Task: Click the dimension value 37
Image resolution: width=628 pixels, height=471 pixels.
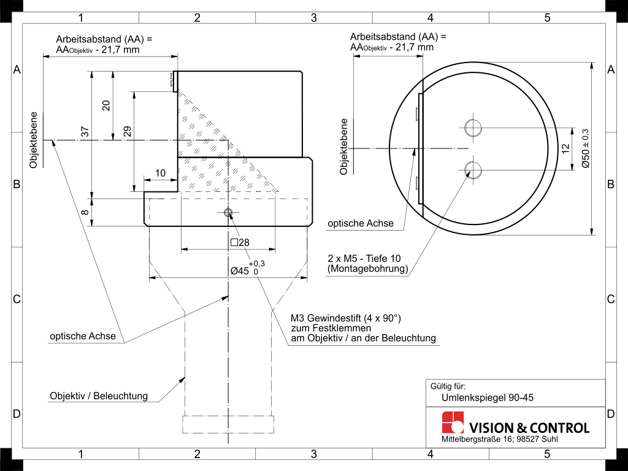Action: pyautogui.click(x=85, y=131)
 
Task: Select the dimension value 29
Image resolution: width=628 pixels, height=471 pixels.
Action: pyautogui.click(x=127, y=131)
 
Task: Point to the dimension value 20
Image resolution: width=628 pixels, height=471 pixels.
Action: pyautogui.click(x=106, y=105)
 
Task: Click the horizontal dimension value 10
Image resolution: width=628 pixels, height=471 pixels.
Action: pyautogui.click(x=160, y=173)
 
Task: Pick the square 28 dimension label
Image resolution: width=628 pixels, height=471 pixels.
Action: pyautogui.click(x=240, y=242)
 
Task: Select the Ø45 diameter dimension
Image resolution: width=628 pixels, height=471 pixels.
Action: pyautogui.click(x=247, y=269)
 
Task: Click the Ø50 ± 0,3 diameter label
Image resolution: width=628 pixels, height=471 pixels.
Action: pyautogui.click(x=586, y=148)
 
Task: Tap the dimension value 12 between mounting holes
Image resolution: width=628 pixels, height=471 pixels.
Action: pyautogui.click(x=565, y=148)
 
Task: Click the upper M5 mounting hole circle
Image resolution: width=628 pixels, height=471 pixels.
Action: pyautogui.click(x=473, y=128)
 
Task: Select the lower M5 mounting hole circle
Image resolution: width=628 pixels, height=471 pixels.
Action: pyautogui.click(x=473, y=170)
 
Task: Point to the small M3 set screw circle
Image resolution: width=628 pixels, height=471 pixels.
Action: pyautogui.click(x=228, y=212)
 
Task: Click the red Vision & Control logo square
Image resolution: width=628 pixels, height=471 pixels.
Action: pyautogui.click(x=453, y=422)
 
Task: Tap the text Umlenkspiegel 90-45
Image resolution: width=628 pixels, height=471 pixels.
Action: pyautogui.click(x=488, y=397)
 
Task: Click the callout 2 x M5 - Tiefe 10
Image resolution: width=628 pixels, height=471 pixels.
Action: pyautogui.click(x=364, y=258)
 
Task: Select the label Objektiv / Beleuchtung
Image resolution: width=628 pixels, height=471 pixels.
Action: pyautogui.click(x=99, y=396)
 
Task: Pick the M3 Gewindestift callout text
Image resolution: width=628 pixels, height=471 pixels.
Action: pyautogui.click(x=363, y=328)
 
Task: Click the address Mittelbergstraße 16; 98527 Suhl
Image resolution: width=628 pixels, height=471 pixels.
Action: pyautogui.click(x=499, y=439)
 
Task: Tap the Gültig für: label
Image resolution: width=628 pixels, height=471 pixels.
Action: pyautogui.click(x=448, y=386)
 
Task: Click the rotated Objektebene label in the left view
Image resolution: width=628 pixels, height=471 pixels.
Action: pyautogui.click(x=33, y=140)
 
